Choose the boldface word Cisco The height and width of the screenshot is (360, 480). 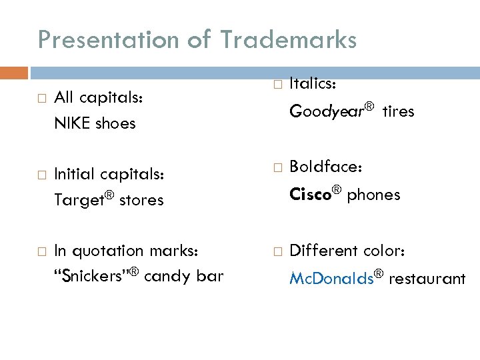coord(310,195)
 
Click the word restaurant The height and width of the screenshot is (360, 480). coord(427,279)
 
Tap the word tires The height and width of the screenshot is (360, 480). coord(398,112)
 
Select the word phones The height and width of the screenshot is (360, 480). coord(373,195)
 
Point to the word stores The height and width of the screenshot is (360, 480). coord(141,200)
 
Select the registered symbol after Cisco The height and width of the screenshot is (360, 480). coord(337,190)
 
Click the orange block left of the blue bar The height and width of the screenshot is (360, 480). coord(14,73)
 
